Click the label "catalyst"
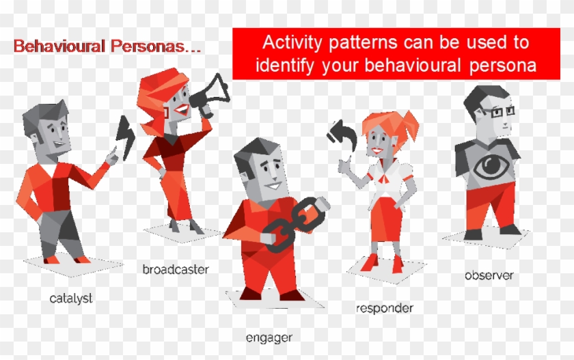coord(70,298)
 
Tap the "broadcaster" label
coord(176,268)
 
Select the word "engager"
coord(269,337)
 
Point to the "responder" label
coord(385,307)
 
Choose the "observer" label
coord(489,275)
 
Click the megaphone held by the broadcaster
coord(210,94)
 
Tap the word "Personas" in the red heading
coord(152,47)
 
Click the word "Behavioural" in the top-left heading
coord(59,47)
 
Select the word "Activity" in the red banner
coord(290,42)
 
